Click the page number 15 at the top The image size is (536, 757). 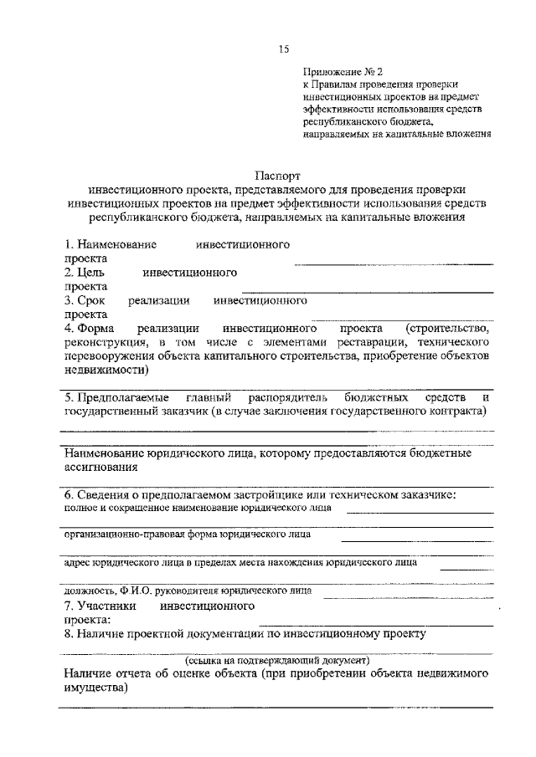(x=283, y=49)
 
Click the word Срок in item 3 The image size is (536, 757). (x=91, y=299)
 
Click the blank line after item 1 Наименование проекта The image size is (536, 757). (x=393, y=263)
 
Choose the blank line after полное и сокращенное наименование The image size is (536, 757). (x=420, y=511)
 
